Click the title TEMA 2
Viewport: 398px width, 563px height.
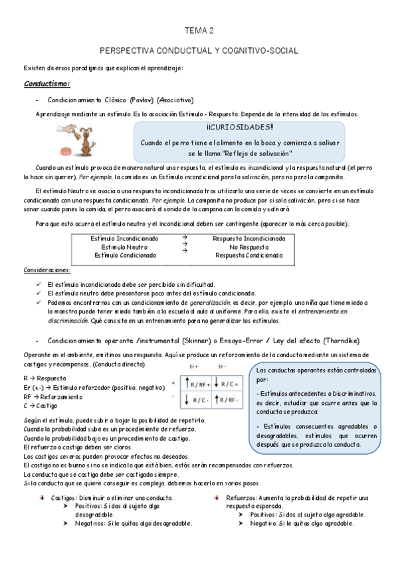click(x=199, y=31)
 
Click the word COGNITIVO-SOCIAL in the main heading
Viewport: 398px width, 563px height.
click(x=259, y=50)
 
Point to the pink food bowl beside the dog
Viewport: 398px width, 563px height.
click(x=85, y=147)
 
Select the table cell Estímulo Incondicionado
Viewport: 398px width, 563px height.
click(x=125, y=238)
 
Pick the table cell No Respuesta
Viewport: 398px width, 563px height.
click(x=249, y=246)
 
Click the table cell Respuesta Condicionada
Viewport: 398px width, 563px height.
click(x=249, y=255)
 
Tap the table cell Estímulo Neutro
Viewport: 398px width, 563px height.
click(x=125, y=246)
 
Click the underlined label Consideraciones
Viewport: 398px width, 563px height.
click(x=47, y=270)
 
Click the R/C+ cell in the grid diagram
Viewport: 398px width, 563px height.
click(x=229, y=384)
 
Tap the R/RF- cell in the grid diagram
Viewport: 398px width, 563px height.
click(x=229, y=399)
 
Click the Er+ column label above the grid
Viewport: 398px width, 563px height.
click(x=194, y=366)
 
